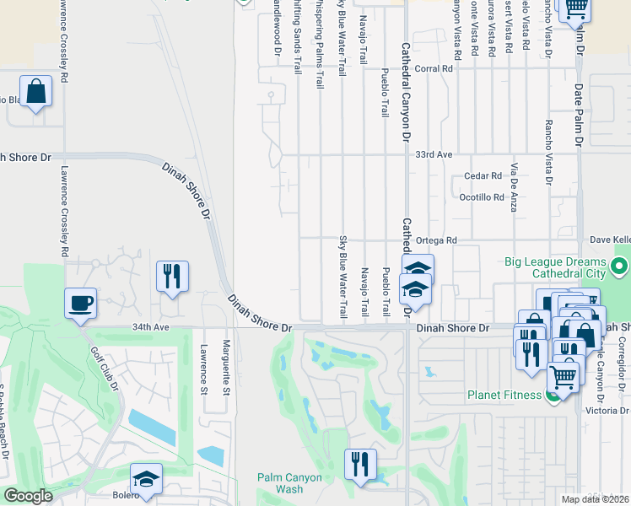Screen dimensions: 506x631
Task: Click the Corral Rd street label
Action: coord(434,68)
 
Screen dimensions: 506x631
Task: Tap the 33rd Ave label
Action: coord(434,155)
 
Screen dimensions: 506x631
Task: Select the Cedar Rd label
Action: coord(483,176)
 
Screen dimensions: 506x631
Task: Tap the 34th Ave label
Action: coord(120,327)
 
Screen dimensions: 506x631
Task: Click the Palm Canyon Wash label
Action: coord(289,483)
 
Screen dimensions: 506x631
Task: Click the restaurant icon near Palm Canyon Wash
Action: coord(360,465)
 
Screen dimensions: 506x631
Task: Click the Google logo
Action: coord(28,496)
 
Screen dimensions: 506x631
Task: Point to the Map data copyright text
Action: coord(595,499)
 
